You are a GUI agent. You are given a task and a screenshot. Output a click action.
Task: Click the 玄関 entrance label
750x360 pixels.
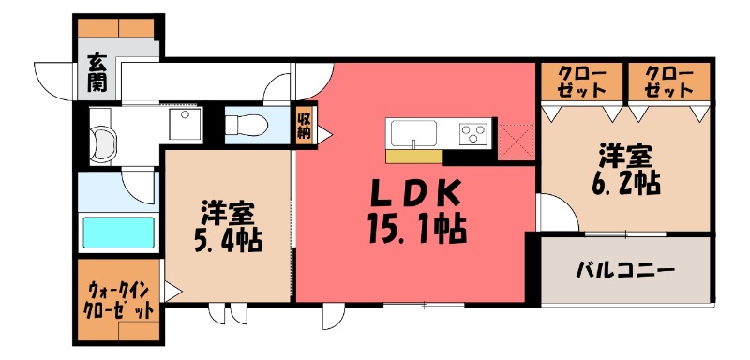[97, 74]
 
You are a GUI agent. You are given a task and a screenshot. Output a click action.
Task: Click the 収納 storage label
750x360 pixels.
[306, 124]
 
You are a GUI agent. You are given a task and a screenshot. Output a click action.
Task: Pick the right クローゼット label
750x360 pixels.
[669, 82]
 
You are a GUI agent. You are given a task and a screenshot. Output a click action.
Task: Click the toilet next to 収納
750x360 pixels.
[248, 124]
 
